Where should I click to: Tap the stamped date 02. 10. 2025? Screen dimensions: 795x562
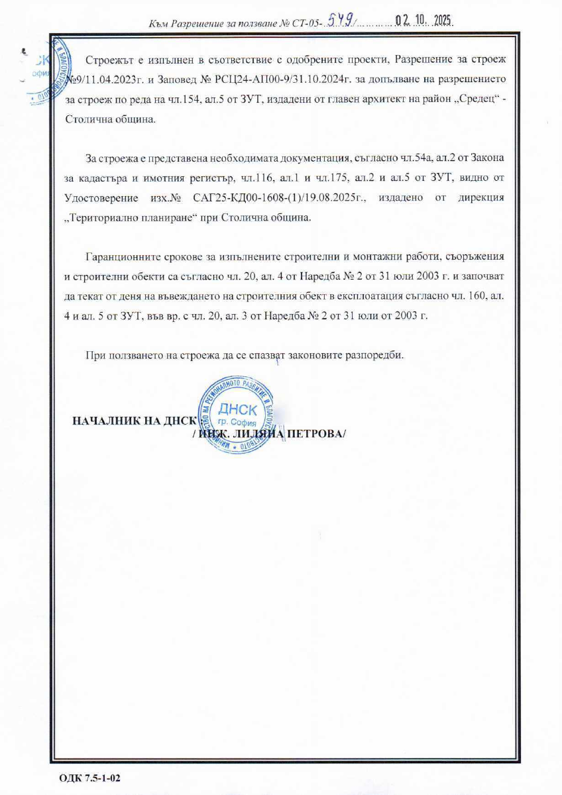423,22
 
